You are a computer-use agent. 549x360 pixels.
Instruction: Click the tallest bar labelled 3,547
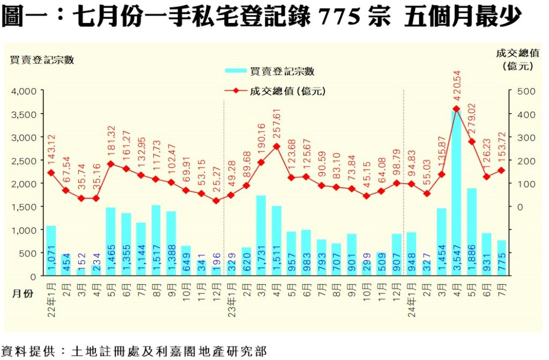456,193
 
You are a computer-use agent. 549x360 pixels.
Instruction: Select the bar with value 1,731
261,236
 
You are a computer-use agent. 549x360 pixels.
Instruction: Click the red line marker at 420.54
456,109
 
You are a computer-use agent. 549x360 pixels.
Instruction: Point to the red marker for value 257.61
276,146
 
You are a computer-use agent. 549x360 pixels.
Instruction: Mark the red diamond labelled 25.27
216,201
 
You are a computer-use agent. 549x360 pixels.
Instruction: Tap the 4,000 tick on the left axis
23,91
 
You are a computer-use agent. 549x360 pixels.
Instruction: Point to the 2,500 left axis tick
23,160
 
